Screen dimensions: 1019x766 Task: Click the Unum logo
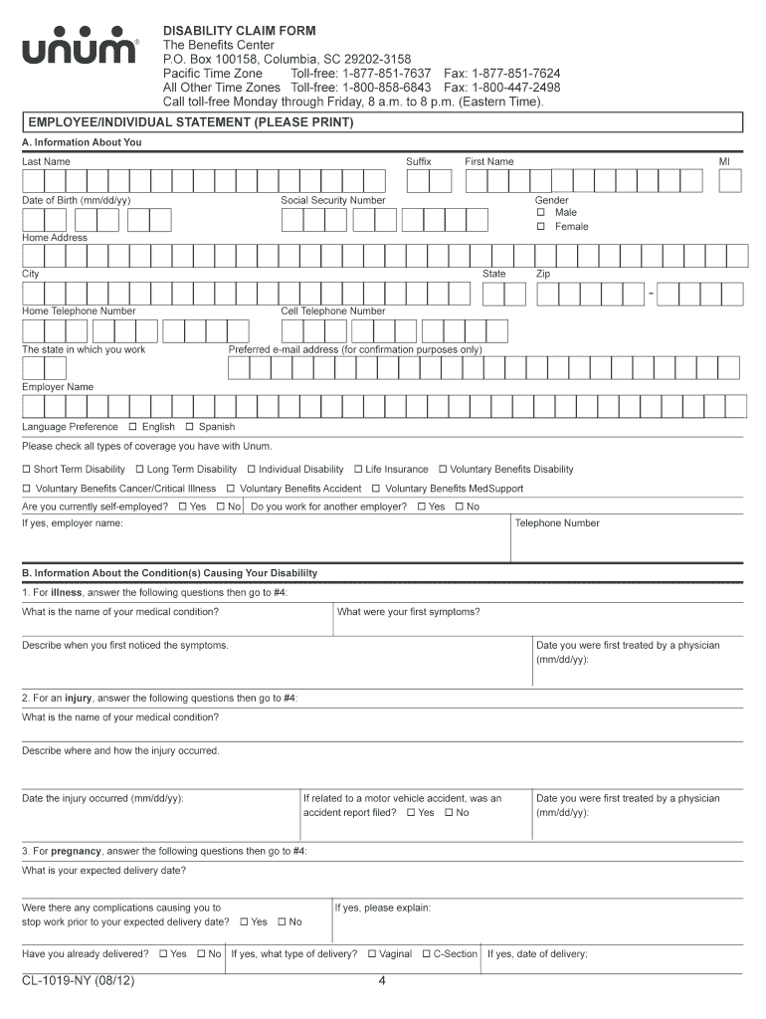coord(81,50)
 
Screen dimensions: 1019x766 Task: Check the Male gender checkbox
coord(541,212)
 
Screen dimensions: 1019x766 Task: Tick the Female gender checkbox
coord(541,226)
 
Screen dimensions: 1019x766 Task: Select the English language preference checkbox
coord(132,427)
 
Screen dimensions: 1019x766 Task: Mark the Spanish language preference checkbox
coord(189,427)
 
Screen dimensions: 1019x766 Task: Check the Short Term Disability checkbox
coord(27,470)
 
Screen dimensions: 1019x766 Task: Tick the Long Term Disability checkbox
coord(139,470)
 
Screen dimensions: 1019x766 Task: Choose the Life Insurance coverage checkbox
coord(358,470)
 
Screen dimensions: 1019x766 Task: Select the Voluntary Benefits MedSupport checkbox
coord(375,489)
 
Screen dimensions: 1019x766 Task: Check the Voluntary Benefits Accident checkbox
coord(230,489)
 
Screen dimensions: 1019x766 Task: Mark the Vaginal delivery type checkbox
coord(371,954)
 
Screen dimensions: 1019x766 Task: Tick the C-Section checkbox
coord(426,954)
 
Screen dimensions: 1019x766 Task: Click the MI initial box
coord(731,180)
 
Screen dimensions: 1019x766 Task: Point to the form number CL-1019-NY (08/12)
coord(79,982)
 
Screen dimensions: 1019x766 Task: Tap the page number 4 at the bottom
coord(382,982)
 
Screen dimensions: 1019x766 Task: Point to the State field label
coord(493,274)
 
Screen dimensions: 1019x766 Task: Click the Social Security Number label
coord(332,200)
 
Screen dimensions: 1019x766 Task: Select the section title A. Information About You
coord(83,142)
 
